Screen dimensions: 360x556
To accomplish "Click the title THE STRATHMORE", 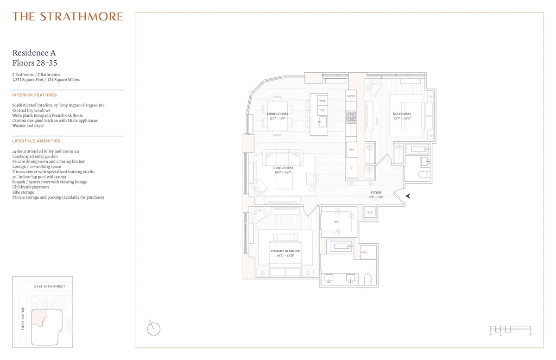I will (68, 17).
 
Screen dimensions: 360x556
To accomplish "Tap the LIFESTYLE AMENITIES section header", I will (36, 141).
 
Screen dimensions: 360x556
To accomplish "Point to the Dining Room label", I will (278, 114).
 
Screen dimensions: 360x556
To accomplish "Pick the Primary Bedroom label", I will (285, 251).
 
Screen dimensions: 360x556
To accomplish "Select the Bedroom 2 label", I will (402, 114).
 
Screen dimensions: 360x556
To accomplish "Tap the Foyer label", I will (376, 193).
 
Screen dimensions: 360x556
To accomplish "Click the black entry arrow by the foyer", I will (408, 196).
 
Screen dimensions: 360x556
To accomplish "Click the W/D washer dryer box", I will (370, 213).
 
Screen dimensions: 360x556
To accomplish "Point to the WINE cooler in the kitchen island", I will (322, 101).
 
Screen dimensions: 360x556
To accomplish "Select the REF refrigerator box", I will (351, 150).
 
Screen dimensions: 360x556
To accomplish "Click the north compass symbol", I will (154, 329).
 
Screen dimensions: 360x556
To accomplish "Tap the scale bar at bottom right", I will (511, 329).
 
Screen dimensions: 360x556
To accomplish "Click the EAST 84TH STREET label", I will (50, 287).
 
